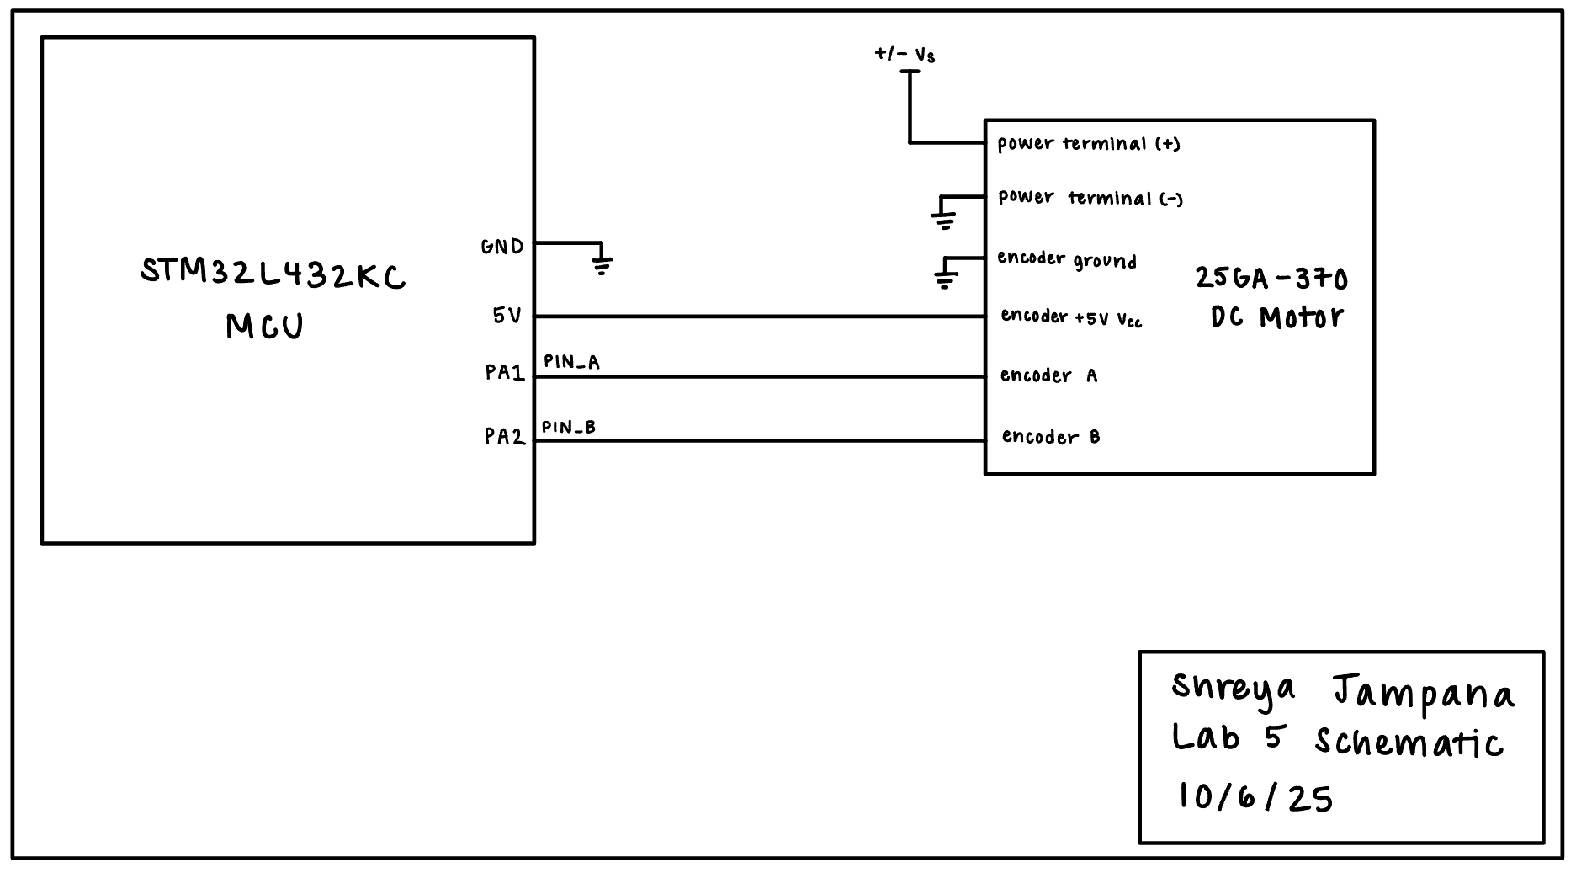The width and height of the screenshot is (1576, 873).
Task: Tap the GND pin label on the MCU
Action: pyautogui.click(x=502, y=247)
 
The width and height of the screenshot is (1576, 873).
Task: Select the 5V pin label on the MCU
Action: pyautogui.click(x=507, y=316)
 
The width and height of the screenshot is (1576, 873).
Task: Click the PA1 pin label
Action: pyautogui.click(x=505, y=372)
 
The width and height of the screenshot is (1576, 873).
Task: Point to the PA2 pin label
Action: pyautogui.click(x=504, y=436)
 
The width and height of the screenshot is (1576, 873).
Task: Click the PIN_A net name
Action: pyautogui.click(x=571, y=362)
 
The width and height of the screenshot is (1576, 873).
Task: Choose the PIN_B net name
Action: pyautogui.click(x=569, y=428)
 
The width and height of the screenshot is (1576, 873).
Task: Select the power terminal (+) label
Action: pyautogui.click(x=1089, y=144)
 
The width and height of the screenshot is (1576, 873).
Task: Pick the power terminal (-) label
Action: pyautogui.click(x=1090, y=198)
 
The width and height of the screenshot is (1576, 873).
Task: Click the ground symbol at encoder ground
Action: pyautogui.click(x=946, y=279)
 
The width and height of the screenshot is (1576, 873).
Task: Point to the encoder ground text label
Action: pyautogui.click(x=1067, y=259)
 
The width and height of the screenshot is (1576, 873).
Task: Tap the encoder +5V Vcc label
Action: pyautogui.click(x=1071, y=317)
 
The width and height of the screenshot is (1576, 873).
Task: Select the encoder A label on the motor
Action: pyautogui.click(x=1048, y=375)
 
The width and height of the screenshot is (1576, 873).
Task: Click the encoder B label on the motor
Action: pyautogui.click(x=1051, y=437)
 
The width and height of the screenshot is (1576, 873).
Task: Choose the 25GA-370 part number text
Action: pyautogui.click(x=1271, y=279)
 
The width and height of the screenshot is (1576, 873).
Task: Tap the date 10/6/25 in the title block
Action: pyautogui.click(x=1255, y=796)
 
